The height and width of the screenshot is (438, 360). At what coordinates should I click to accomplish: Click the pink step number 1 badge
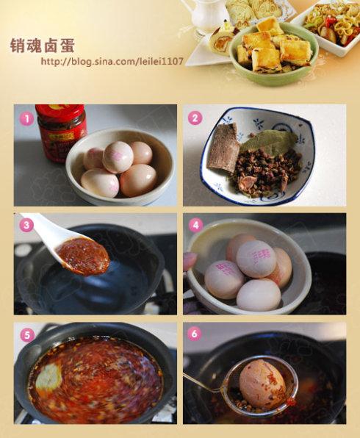click(26, 119)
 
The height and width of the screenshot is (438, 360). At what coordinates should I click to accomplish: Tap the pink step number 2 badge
click(195, 118)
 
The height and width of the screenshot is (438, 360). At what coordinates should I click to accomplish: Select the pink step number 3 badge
click(26, 225)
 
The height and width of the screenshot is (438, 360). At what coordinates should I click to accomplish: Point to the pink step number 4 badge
click(195, 225)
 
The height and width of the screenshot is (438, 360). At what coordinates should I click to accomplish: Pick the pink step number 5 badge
click(26, 335)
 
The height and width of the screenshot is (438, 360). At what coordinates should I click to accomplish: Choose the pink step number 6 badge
click(195, 334)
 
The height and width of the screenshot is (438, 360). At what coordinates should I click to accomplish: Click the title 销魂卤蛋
click(42, 45)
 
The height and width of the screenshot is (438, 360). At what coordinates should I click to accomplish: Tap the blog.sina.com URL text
click(112, 61)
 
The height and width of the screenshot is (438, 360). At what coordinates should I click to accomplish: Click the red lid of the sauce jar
click(60, 110)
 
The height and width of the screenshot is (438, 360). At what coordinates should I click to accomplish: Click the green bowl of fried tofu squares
click(273, 53)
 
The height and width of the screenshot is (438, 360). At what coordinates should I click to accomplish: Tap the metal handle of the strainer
click(202, 382)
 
